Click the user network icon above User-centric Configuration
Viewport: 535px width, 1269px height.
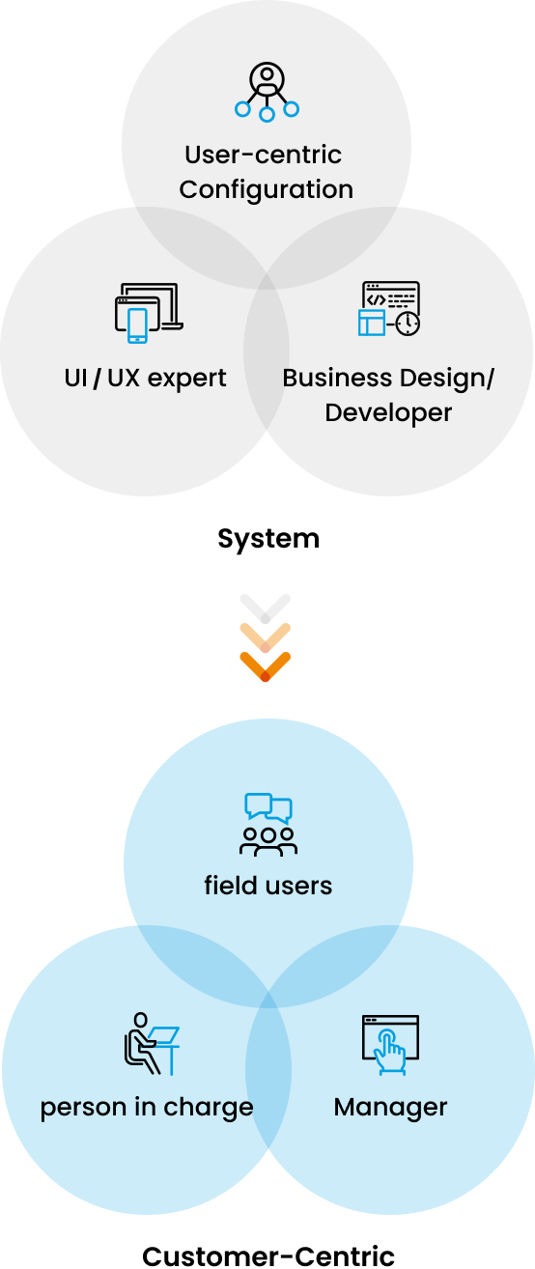click(267, 93)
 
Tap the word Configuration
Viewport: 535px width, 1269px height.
click(267, 190)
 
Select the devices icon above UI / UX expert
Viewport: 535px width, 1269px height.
click(149, 313)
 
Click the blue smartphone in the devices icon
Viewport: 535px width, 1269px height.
click(138, 325)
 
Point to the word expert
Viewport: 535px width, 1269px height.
click(186, 379)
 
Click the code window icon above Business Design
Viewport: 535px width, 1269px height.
click(389, 308)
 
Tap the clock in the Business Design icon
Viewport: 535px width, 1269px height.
click(408, 324)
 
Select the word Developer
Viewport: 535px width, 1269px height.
click(389, 413)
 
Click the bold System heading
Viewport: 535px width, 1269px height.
click(268, 539)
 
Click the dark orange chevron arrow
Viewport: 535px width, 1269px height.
click(266, 666)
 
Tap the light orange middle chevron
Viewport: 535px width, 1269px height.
click(266, 638)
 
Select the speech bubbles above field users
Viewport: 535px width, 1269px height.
click(268, 808)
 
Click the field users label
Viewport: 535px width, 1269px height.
click(268, 886)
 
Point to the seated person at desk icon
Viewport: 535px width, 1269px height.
click(152, 1044)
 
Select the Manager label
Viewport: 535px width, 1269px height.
click(390, 1108)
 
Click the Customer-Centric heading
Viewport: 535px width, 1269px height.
click(268, 1256)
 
